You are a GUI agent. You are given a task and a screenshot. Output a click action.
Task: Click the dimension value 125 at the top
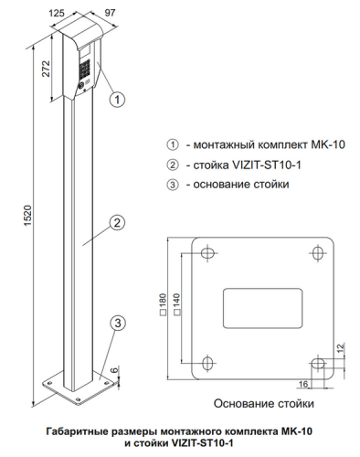(57, 13)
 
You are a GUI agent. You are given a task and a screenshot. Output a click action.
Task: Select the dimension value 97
(110, 13)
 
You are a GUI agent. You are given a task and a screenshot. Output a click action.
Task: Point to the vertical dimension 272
(46, 69)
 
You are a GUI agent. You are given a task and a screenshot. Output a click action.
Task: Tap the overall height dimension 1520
(27, 216)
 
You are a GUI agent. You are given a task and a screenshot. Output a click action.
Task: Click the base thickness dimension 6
(113, 370)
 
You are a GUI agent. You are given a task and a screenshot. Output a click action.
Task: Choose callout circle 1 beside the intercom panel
(117, 100)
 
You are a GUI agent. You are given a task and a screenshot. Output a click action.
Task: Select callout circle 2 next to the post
(117, 223)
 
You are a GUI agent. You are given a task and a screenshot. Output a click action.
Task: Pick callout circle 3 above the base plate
(118, 323)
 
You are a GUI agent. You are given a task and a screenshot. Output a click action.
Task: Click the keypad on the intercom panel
(85, 69)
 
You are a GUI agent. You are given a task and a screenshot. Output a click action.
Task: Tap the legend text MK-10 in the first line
(328, 144)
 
